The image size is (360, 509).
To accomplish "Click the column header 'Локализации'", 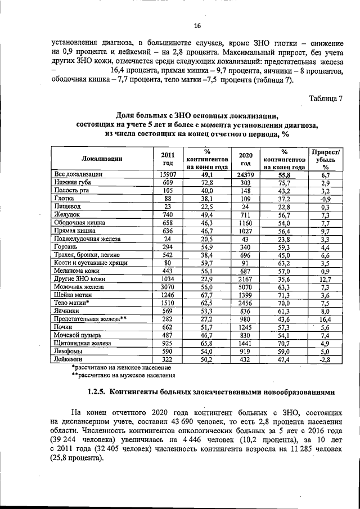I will pyautogui.click(x=102, y=159).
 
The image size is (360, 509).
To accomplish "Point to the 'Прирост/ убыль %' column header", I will pyautogui.click(x=326, y=159).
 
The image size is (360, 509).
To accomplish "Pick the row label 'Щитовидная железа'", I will pyautogui.click(x=84, y=341).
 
